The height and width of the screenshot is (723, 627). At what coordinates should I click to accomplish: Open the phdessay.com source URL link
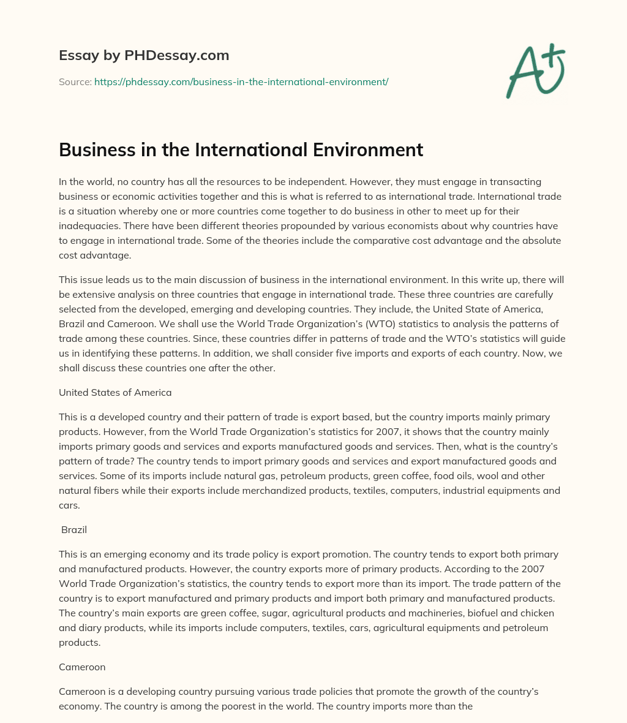[241, 81]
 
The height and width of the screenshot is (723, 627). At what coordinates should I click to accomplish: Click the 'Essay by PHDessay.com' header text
[144, 56]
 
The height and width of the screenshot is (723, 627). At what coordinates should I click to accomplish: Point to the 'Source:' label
[75, 81]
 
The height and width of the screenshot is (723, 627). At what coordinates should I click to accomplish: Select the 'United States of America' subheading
[115, 392]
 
